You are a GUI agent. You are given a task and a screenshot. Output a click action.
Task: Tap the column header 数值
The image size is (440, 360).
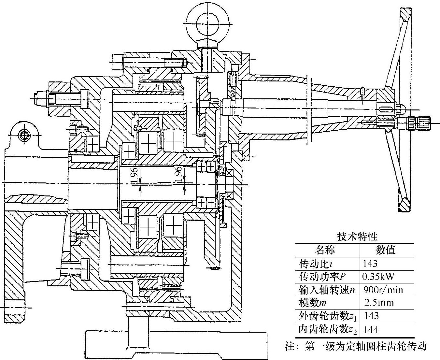pyautogui.click(x=386, y=250)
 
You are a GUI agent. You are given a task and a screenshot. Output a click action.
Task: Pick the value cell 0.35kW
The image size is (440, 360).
pyautogui.click(x=378, y=277)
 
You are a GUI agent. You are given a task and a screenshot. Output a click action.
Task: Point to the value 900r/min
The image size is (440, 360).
pyautogui.click(x=382, y=290)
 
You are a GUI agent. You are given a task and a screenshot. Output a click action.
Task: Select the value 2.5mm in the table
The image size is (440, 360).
pyautogui.click(x=379, y=303)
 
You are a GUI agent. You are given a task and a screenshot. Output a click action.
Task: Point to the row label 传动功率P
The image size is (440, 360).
pyautogui.click(x=322, y=277)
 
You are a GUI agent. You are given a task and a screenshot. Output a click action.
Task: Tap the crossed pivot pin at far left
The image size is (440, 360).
pyautogui.click(x=24, y=135)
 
